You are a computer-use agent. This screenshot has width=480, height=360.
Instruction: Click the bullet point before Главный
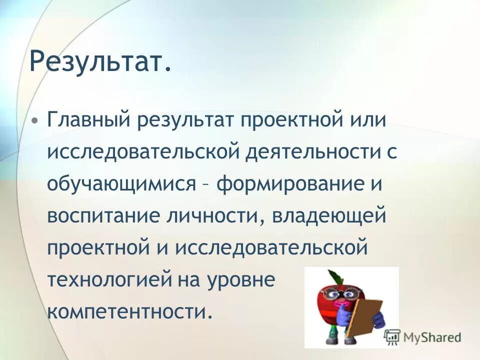click(34, 122)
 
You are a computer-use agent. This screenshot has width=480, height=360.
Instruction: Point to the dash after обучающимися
click(205, 185)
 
